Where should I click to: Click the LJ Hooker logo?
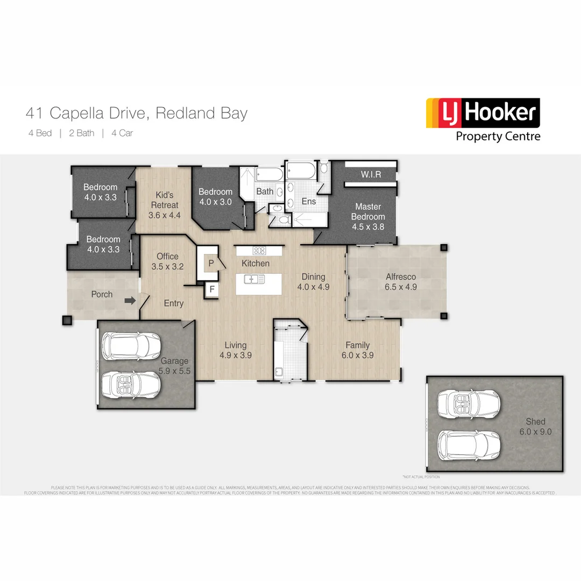[x=483, y=119]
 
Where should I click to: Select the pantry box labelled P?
[x=211, y=263]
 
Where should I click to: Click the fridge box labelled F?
[x=212, y=289]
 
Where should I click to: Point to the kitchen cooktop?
[x=259, y=250]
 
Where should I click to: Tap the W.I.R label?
[x=371, y=175]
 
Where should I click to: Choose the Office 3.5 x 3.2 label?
[x=167, y=261]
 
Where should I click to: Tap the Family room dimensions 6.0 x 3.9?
[x=357, y=355]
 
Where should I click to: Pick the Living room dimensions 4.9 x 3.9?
[x=236, y=355]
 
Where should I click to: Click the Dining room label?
[x=313, y=277]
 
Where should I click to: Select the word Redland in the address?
[x=181, y=114]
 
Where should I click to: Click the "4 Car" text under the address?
[x=122, y=133]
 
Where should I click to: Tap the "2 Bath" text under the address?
[x=82, y=133]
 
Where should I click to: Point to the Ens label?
[x=308, y=201]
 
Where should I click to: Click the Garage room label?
[x=174, y=361]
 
